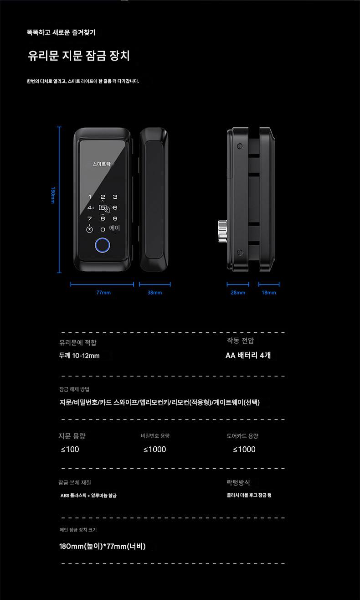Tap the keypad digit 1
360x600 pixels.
click(90, 197)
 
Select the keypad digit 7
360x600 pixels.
click(90, 218)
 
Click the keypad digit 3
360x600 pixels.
click(115, 197)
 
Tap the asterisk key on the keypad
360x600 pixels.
click(89, 229)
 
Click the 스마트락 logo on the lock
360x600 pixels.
click(102, 164)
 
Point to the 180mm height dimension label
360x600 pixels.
click(53, 195)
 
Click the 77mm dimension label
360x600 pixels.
click(103, 293)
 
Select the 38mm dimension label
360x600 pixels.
click(154, 293)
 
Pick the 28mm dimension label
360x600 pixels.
click(238, 293)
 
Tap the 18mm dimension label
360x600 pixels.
click(269, 293)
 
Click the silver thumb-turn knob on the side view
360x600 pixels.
click(222, 232)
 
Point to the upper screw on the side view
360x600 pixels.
click(240, 146)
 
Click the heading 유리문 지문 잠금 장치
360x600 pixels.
click(79, 56)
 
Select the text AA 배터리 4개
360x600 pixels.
click(248, 356)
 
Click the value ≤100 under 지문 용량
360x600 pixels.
click(70, 450)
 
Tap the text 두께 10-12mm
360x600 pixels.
click(79, 356)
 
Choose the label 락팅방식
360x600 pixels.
click(238, 483)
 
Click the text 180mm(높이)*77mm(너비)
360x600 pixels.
click(102, 546)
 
